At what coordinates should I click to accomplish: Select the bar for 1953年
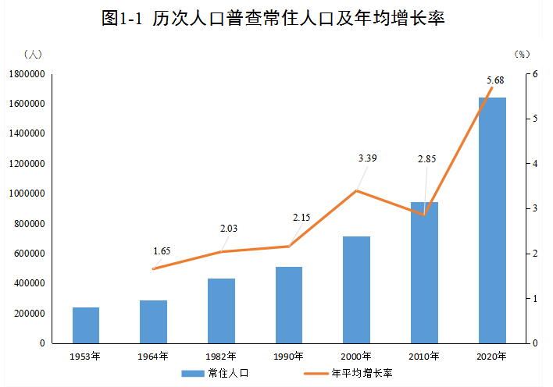86,325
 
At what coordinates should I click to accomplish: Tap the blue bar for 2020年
492,220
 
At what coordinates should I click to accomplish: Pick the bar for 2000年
357,289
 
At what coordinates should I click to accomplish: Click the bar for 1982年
221,311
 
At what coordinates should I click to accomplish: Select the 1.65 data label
162,251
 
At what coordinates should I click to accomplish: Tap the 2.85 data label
426,159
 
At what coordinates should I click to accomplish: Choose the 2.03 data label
229,229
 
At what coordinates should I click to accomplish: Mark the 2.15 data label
301,216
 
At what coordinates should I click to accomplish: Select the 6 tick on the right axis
535,74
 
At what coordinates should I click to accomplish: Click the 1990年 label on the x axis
289,357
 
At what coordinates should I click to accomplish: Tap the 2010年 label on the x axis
424,357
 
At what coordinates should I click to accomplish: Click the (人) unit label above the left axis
34,54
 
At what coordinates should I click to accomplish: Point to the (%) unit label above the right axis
522,54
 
